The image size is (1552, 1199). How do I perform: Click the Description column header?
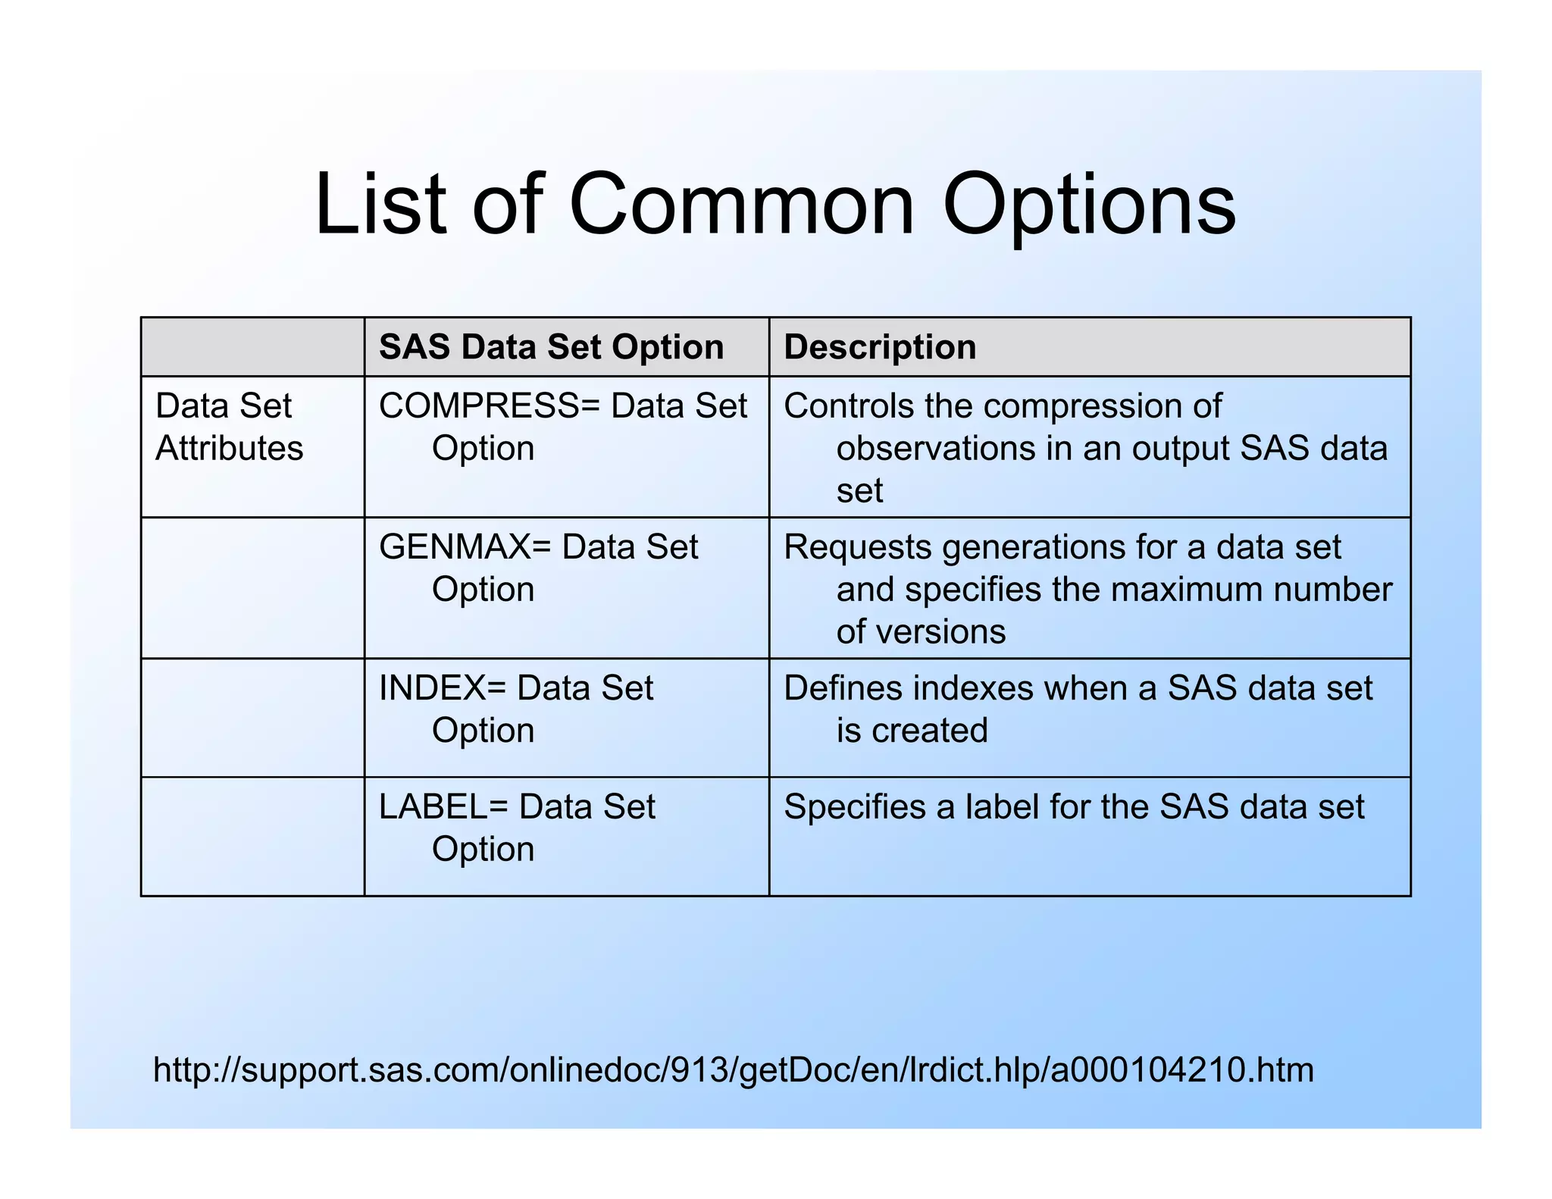[x=880, y=347]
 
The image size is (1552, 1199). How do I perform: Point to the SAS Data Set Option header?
[x=551, y=347]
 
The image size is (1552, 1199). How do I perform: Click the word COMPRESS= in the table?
[x=490, y=406]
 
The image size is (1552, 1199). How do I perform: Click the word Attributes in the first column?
[x=229, y=449]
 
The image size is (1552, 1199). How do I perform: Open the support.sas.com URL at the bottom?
[x=733, y=1070]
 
